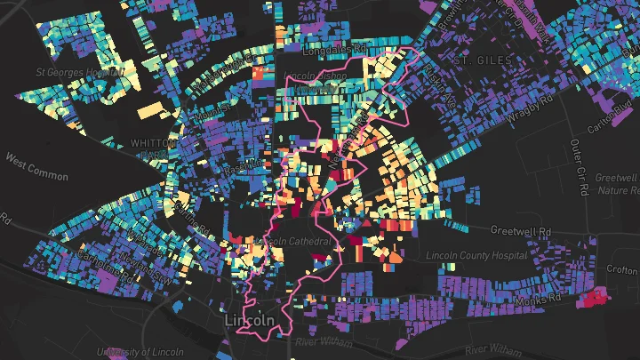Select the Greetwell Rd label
tap(523, 231)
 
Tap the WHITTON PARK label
tap(148, 148)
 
